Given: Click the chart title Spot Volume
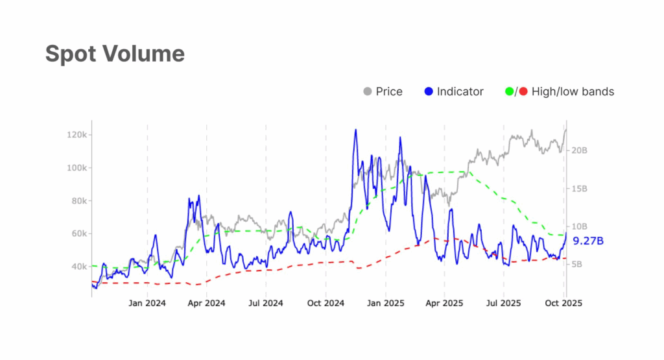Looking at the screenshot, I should [115, 54].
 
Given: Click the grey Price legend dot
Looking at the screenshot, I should [368, 92].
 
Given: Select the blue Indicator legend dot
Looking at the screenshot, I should [428, 92].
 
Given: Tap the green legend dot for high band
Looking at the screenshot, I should [508, 92].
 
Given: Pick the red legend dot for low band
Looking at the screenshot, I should [522, 92].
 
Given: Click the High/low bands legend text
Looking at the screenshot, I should [573, 92].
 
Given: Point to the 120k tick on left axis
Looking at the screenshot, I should [76, 135].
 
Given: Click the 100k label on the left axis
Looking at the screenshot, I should [76, 168].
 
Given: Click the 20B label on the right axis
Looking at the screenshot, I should [579, 150].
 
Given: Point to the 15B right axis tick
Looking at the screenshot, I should [579, 188].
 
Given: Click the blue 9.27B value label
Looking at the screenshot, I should [589, 241].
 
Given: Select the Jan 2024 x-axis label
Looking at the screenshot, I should [147, 302].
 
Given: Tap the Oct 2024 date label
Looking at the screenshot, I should [325, 302].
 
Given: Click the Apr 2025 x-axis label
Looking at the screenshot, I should [444, 302].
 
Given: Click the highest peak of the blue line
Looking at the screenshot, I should [355, 130].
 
